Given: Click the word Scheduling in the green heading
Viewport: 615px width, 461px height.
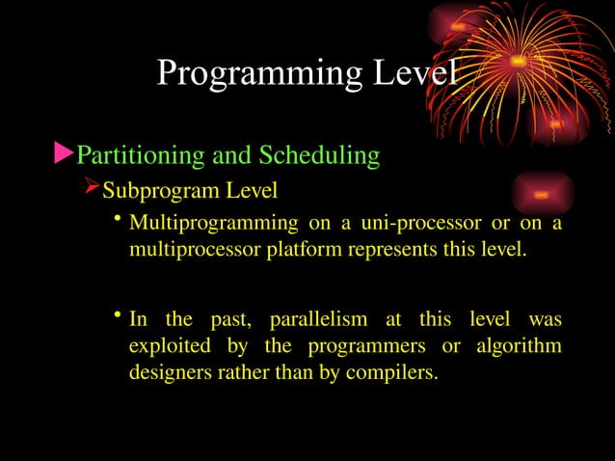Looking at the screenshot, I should (x=317, y=154).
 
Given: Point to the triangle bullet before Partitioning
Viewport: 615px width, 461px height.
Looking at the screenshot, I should (x=64, y=152).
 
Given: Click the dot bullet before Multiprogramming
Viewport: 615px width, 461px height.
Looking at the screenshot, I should (x=116, y=222).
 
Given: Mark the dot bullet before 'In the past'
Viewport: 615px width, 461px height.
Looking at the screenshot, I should (x=116, y=316).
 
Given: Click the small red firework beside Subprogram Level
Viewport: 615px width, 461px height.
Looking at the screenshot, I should (x=542, y=195).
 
